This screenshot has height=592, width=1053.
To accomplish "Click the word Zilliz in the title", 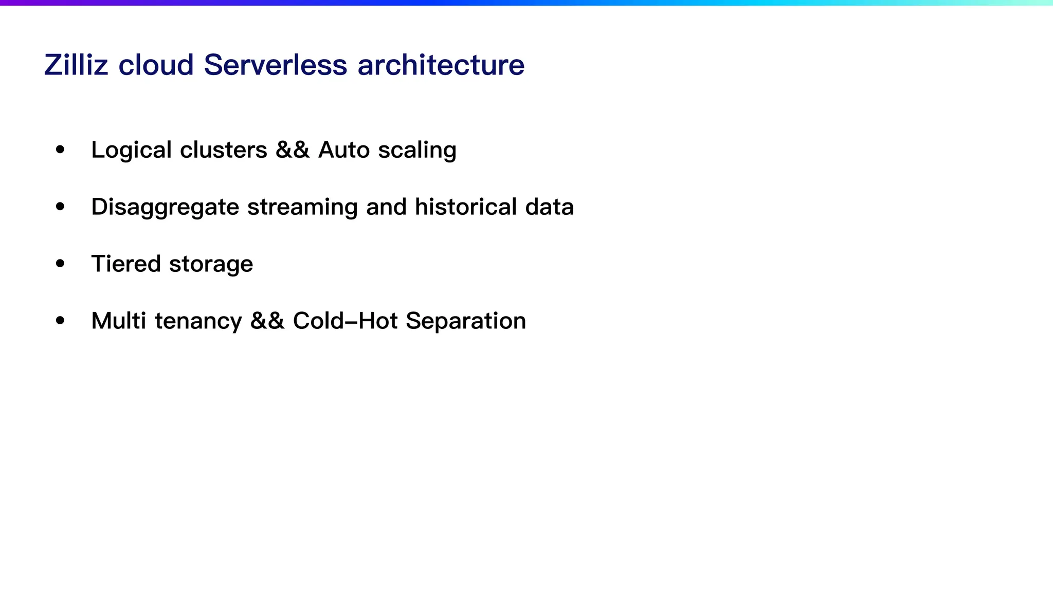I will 76,65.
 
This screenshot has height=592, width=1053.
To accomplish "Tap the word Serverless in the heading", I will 276,65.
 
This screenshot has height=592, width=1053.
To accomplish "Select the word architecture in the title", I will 441,65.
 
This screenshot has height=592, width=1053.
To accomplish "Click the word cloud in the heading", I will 156,65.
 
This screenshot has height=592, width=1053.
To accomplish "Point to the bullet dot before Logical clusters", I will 61,150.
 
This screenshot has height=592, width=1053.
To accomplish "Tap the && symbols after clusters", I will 293,150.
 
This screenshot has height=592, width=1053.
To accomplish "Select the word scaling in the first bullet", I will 417,150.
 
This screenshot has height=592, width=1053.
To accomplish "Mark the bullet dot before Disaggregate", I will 61,207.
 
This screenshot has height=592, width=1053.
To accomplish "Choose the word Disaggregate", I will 165,207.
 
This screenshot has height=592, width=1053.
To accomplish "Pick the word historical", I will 465,207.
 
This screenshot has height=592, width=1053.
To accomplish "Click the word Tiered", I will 126,264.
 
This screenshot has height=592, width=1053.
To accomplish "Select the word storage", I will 211,264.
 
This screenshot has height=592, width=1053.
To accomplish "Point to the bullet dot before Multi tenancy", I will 61,321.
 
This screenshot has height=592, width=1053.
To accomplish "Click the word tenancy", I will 198,321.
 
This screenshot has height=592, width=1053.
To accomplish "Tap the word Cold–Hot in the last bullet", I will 345,321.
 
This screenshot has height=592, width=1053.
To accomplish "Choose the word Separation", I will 466,321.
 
